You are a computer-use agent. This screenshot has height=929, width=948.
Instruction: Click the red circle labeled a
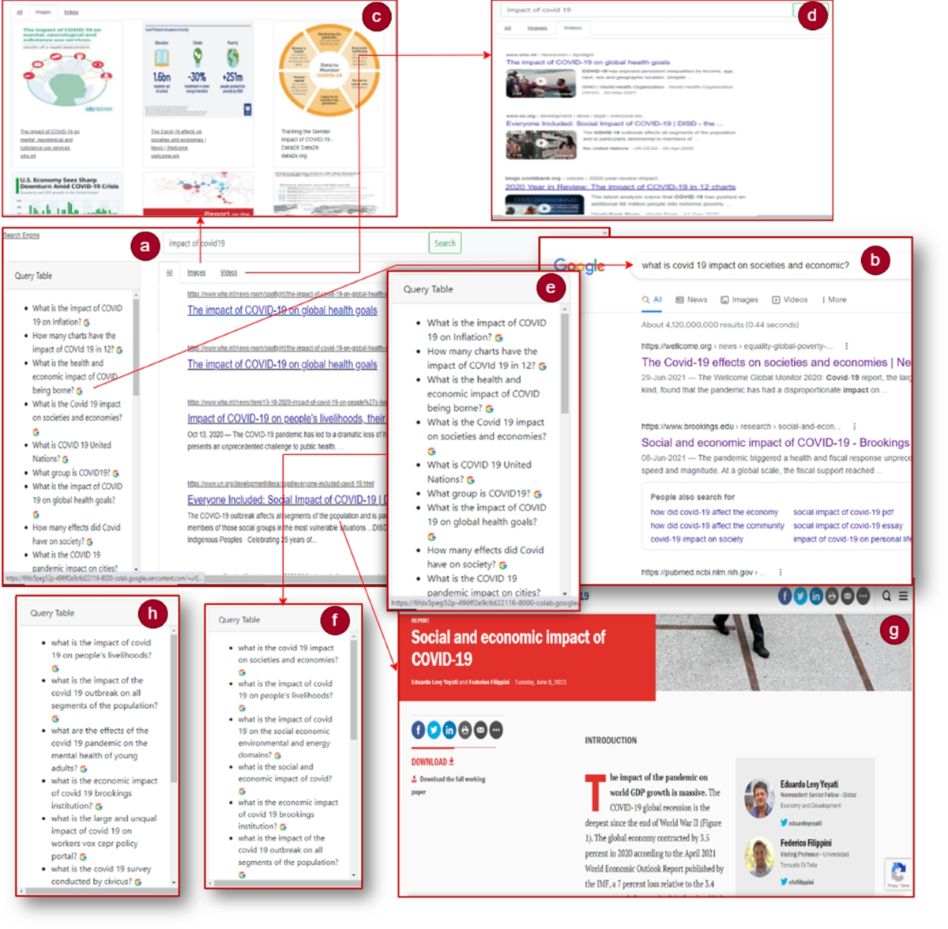(145, 246)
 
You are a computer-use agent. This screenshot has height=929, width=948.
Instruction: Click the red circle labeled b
(875, 260)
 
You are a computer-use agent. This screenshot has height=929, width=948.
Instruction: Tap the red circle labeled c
(376, 17)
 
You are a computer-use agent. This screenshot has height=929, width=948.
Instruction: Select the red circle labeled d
(812, 16)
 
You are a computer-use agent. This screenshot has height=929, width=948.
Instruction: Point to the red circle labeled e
(550, 288)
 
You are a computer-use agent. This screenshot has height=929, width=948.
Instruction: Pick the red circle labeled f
(334, 620)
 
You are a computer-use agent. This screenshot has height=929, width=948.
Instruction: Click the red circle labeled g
(893, 630)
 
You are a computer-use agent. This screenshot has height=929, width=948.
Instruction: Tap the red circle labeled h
(152, 613)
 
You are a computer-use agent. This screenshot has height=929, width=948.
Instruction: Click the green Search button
(445, 243)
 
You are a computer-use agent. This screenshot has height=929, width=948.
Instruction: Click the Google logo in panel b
(579, 266)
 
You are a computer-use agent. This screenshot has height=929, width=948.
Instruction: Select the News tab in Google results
(691, 300)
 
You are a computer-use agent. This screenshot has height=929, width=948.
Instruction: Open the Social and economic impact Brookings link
(774, 443)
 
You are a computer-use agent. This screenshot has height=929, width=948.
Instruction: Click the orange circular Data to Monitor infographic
(329, 70)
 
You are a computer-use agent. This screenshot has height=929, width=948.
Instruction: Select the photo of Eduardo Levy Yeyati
(759, 797)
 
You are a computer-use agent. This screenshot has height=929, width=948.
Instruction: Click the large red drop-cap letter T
(594, 793)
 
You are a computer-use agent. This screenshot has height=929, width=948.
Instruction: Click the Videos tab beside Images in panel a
(228, 273)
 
